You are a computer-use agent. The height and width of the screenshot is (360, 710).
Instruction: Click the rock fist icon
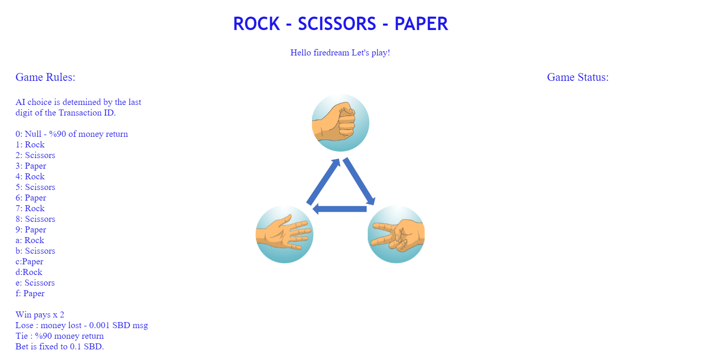click(340, 122)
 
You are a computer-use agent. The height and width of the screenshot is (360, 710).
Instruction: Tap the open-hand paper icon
click(284, 234)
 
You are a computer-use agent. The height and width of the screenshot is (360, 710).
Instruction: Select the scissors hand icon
click(396, 234)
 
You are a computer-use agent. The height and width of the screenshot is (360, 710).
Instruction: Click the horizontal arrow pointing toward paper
click(339, 209)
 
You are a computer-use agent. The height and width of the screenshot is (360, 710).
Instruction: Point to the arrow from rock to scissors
click(359, 181)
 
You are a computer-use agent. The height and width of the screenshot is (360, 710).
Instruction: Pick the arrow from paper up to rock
click(323, 182)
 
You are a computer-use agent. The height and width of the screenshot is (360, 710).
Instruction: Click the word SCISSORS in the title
click(337, 24)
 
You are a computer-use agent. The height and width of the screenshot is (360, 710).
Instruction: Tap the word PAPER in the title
click(421, 24)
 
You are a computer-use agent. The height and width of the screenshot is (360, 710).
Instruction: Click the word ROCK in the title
click(257, 24)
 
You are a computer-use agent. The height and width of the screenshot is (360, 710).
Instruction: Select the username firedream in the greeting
click(331, 53)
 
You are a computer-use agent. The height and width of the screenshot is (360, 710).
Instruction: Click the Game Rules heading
click(45, 77)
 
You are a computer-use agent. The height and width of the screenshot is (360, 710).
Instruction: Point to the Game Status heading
click(578, 77)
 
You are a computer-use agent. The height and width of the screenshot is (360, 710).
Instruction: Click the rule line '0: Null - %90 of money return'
click(72, 134)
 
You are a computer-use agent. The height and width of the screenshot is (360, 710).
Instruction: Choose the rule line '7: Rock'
click(30, 208)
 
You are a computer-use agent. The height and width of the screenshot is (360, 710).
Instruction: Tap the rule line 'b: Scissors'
click(35, 250)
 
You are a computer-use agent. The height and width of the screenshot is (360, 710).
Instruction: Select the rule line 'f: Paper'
click(30, 293)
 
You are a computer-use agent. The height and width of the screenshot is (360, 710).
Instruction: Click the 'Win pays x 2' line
click(40, 314)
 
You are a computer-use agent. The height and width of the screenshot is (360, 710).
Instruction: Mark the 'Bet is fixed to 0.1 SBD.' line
click(60, 347)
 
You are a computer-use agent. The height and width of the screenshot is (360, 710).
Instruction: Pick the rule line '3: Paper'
click(31, 166)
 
